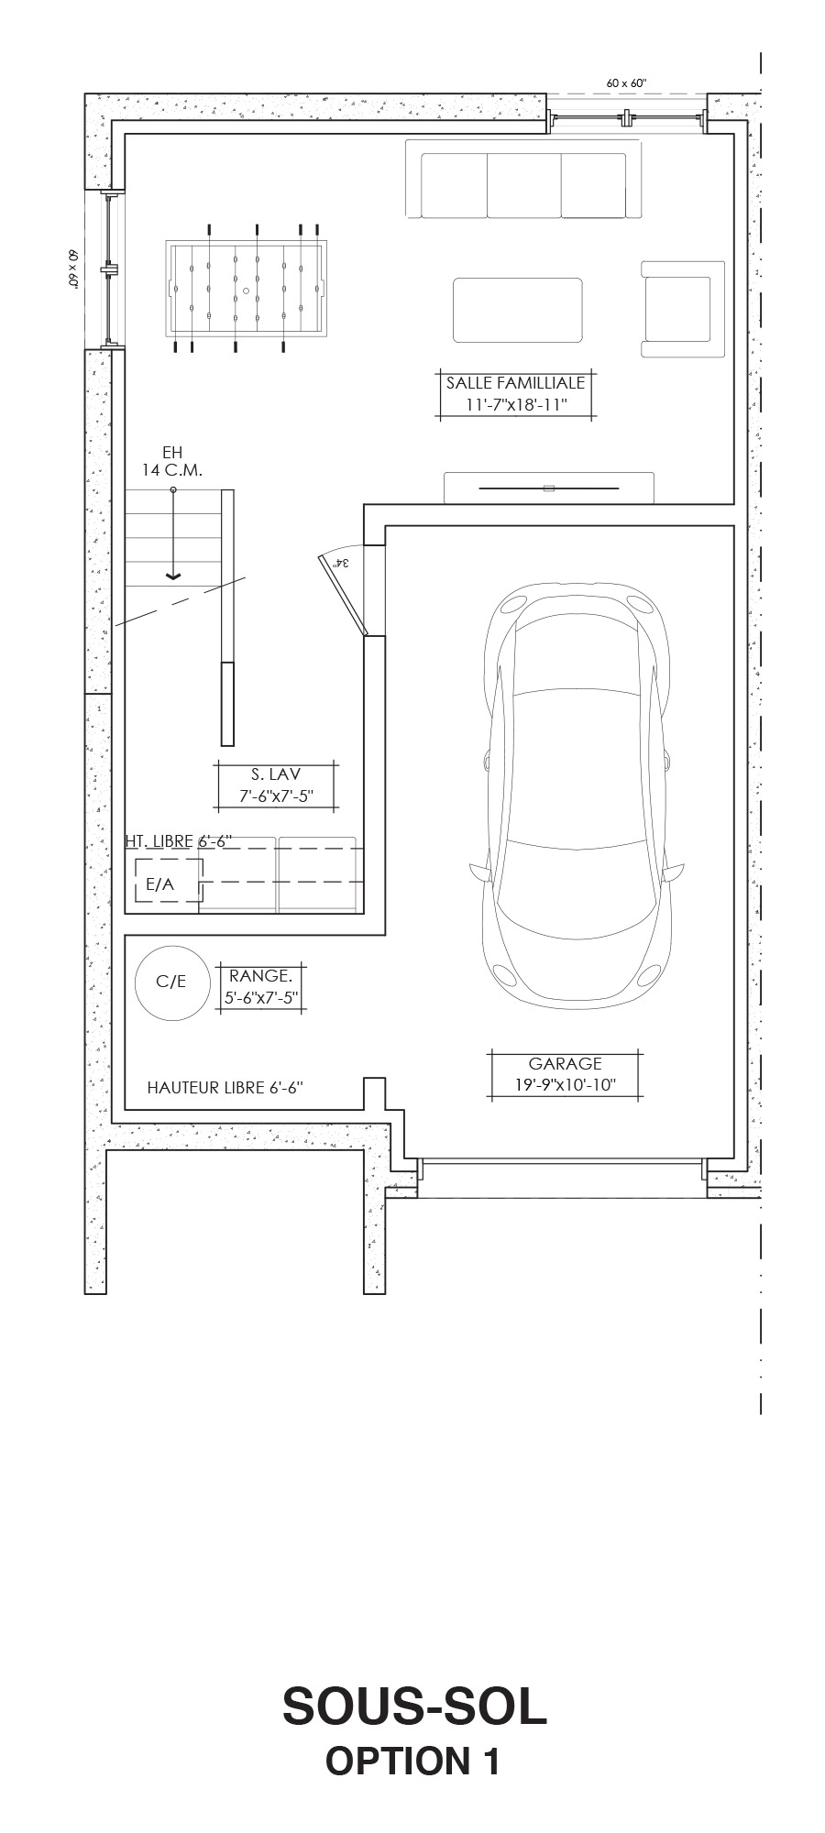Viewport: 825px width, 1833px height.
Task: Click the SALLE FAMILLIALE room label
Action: tap(515, 383)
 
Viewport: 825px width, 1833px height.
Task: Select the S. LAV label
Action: tap(276, 774)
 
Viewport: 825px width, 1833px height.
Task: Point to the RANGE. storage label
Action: tap(260, 976)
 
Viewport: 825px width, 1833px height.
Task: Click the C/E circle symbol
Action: tap(171, 982)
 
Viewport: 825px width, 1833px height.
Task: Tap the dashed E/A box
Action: tap(168, 881)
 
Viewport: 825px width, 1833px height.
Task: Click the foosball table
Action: tap(246, 288)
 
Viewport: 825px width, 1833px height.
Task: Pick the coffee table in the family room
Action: tap(518, 310)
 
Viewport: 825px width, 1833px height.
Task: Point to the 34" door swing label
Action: tap(342, 562)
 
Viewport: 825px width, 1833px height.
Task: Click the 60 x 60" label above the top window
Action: tap(626, 83)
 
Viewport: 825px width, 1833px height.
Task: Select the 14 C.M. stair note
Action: tap(171, 469)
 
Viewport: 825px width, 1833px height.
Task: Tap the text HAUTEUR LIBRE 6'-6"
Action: tap(225, 1089)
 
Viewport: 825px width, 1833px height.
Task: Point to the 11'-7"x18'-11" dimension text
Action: tap(516, 405)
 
